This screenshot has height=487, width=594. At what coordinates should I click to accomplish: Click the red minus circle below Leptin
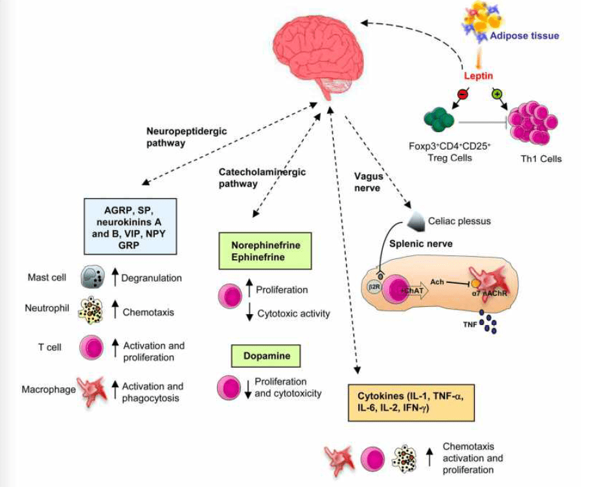pos(463,95)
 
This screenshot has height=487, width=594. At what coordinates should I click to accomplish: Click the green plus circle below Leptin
pos(497,95)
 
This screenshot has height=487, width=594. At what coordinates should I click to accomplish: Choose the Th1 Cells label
pos(543,159)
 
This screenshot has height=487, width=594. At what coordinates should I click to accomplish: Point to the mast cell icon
pos(92,278)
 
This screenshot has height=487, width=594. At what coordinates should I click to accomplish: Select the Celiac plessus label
pos(459,221)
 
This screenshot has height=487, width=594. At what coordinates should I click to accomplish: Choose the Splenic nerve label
pos(417,243)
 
